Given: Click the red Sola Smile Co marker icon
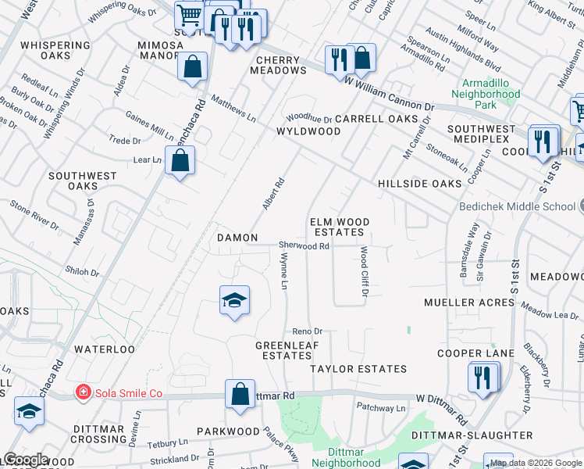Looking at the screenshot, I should [81, 392].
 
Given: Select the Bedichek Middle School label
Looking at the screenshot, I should [516, 206].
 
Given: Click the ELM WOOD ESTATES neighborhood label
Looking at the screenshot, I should [339, 227].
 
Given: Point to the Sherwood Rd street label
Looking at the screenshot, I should [304, 245].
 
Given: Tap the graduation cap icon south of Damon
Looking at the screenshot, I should [233, 300].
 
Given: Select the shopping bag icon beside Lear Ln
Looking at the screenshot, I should [180, 161].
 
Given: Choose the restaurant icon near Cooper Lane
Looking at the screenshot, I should [483, 378].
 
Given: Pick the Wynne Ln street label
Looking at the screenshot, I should [284, 270].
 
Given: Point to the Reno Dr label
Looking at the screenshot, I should [308, 331].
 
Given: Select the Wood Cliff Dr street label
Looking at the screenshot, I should [364, 271].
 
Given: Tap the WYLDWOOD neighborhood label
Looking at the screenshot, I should [308, 131].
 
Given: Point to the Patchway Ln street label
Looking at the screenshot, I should [381, 408].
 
